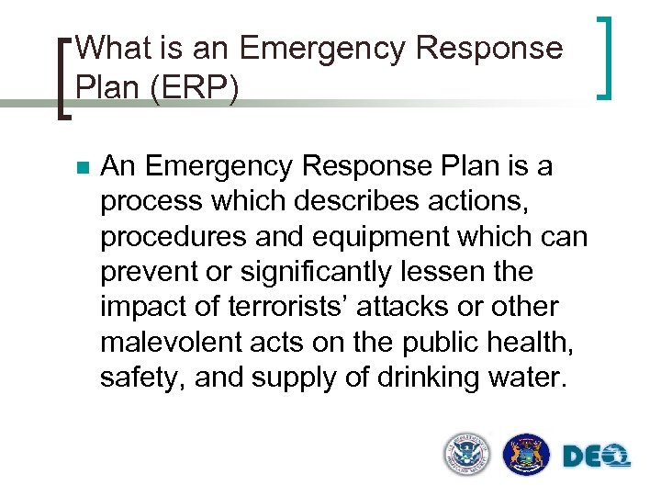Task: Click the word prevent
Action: (145, 272)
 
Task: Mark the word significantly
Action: (312, 272)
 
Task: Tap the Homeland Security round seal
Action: (468, 453)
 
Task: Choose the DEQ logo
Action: (596, 455)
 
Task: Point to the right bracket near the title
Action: (603, 57)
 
